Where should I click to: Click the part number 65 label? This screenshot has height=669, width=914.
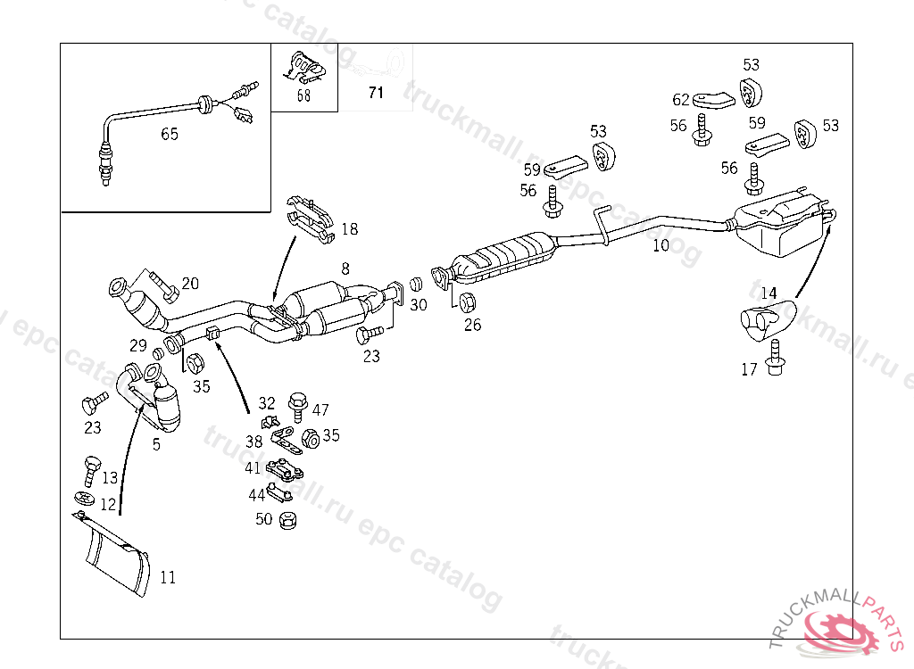point(170,134)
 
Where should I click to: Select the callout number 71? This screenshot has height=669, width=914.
point(376,92)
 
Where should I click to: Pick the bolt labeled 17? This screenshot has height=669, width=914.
point(775,354)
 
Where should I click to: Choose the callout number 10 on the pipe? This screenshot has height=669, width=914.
point(661,244)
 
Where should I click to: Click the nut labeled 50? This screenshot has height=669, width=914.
point(287,519)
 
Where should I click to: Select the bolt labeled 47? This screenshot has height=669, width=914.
point(297,406)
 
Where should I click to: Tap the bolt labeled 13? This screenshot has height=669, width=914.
point(90,467)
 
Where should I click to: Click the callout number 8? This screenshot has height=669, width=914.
point(345,268)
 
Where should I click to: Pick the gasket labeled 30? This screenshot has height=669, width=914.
point(415,285)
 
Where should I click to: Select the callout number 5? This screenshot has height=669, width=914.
point(156,443)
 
